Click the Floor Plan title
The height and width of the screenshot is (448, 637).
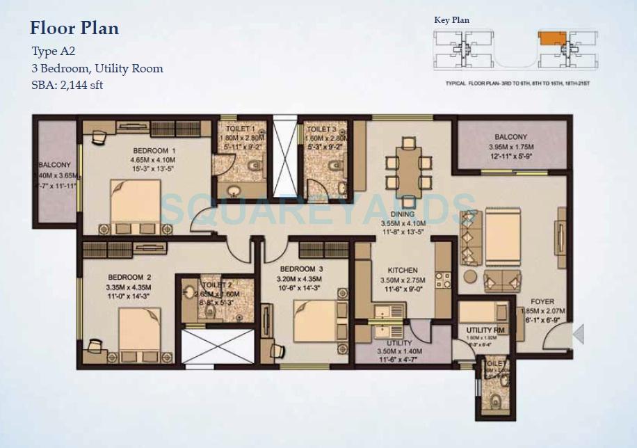(x=74, y=29)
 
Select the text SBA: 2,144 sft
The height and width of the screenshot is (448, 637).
(x=67, y=85)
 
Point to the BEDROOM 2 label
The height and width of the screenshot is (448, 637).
(x=129, y=277)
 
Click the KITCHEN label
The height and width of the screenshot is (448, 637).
(x=403, y=270)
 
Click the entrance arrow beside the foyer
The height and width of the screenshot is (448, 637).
(x=578, y=336)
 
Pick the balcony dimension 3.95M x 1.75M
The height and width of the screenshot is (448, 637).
(x=511, y=147)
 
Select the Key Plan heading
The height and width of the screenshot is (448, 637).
(x=451, y=20)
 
